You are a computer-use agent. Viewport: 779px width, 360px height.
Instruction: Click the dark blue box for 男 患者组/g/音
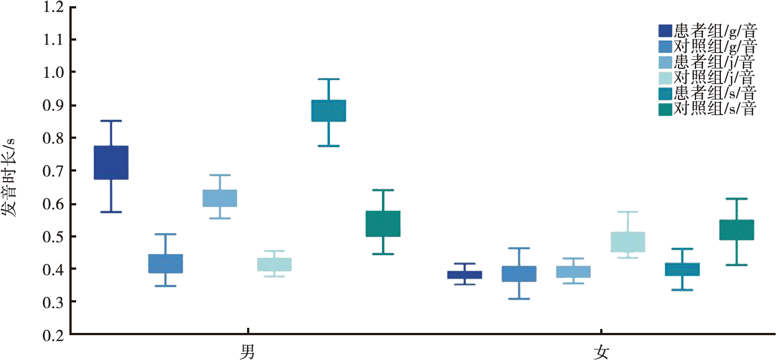(111, 163)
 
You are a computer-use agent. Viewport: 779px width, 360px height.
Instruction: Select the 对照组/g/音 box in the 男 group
(165, 264)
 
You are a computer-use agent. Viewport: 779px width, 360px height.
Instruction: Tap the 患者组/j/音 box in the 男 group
(219, 198)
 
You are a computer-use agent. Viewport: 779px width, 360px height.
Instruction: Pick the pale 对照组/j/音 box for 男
(274, 264)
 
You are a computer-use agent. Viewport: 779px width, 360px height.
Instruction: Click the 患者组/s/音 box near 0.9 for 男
(328, 111)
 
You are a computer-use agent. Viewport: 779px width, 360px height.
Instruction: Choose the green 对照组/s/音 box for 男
(383, 223)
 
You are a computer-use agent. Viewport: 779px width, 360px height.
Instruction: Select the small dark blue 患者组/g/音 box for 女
(465, 275)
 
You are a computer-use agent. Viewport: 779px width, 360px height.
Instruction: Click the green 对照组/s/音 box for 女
(737, 230)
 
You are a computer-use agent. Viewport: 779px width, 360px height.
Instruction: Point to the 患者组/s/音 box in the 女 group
(682, 269)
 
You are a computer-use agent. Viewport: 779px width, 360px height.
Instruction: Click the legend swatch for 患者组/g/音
(665, 30)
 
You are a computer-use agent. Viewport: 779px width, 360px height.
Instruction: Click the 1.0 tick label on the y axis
(53, 73)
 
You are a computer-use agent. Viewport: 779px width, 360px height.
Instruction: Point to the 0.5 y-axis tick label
(53, 236)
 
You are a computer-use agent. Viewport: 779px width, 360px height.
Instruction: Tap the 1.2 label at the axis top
(53, 7)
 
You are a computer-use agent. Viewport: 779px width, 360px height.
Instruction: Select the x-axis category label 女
(601, 352)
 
